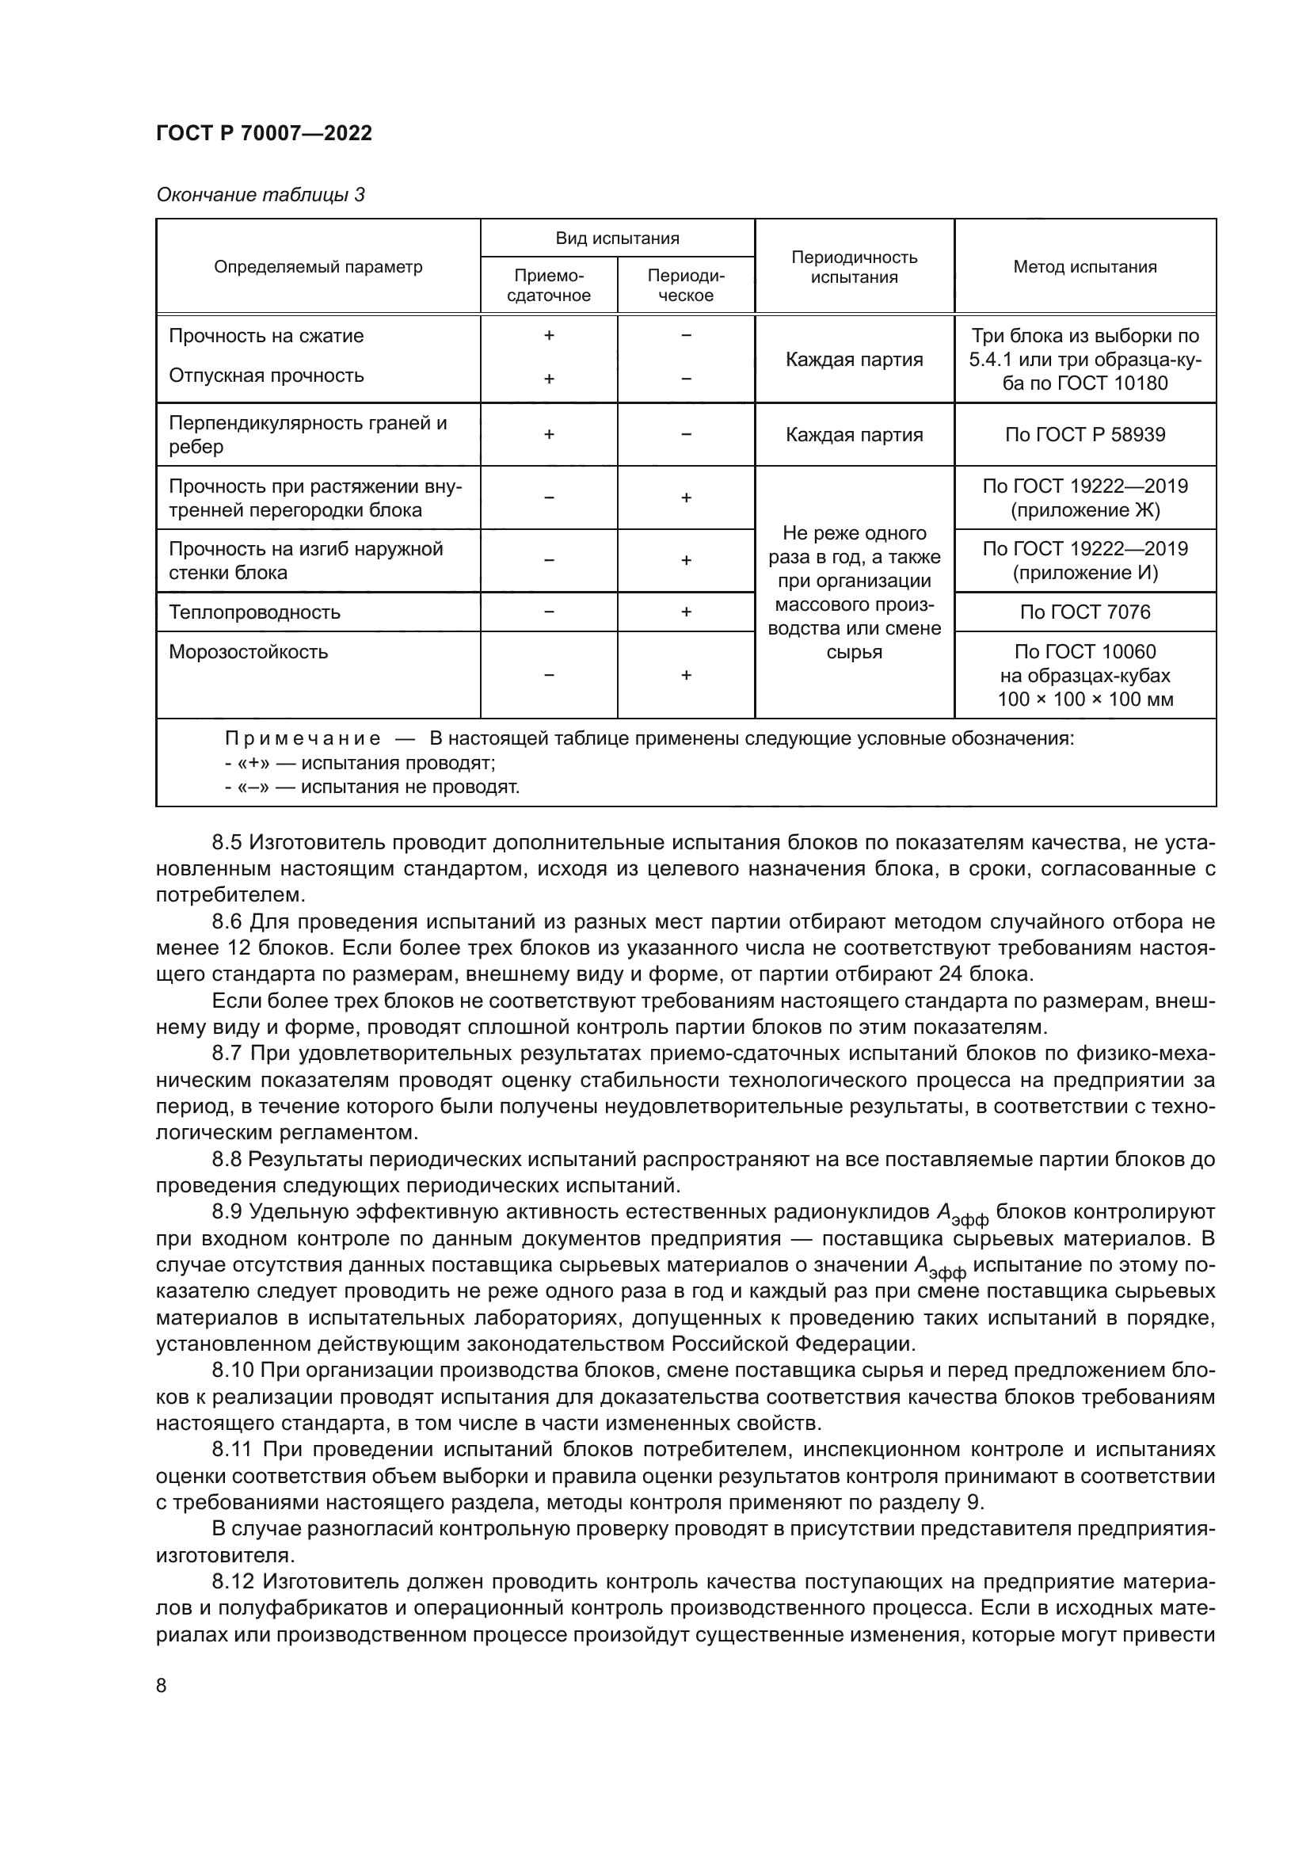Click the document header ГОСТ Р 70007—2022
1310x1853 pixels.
[x=264, y=134]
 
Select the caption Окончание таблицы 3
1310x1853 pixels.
[x=260, y=195]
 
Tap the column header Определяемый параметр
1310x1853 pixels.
[x=318, y=267]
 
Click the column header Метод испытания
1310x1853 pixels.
[x=1085, y=267]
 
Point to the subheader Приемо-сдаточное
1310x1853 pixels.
[x=549, y=286]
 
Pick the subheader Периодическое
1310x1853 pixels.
[x=686, y=286]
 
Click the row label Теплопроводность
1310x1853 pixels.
[x=255, y=612]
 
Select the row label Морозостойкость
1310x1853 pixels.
[x=249, y=652]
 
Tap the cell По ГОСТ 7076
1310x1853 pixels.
[x=1085, y=612]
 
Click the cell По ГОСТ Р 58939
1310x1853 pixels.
[x=1085, y=435]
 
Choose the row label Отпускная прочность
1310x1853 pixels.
[x=266, y=376]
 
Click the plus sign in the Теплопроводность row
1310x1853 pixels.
[x=686, y=612]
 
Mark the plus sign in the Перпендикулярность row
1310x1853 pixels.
[x=549, y=435]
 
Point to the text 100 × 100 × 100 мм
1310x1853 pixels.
[x=1085, y=700]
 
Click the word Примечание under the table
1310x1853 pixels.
[x=303, y=739]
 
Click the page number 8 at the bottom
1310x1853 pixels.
[x=162, y=1686]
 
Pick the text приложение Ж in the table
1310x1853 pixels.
[x=1085, y=511]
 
